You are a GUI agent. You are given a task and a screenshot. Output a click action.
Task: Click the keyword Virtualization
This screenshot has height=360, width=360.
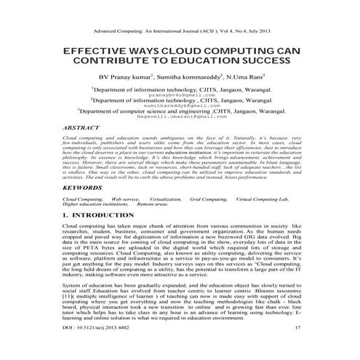click(x=166, y=199)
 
